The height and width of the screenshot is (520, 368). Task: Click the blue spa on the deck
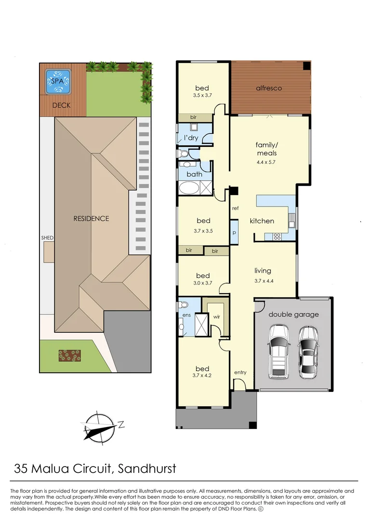point(58,81)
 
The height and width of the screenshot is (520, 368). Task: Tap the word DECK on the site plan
point(61,105)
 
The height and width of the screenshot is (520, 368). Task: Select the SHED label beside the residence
point(47,238)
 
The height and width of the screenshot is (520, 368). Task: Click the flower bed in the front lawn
point(70,355)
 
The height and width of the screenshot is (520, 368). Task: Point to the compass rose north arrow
point(100,428)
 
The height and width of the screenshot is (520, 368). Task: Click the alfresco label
point(269,88)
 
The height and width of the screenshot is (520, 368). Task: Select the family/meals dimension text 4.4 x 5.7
point(266,162)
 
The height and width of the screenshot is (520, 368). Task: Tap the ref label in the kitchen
point(235,208)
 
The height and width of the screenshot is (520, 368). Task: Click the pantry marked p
point(234,232)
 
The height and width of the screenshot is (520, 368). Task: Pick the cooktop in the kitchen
point(277,236)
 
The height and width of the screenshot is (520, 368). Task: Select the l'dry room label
point(191,138)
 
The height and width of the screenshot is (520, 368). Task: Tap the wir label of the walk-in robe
point(217,317)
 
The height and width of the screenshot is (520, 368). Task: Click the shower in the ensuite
point(201,325)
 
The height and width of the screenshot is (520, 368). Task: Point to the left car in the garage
point(279,351)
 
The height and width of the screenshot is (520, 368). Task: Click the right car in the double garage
point(308,352)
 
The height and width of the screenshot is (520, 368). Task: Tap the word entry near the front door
point(240,372)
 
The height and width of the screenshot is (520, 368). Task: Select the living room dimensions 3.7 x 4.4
point(264,281)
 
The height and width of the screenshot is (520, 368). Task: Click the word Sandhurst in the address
point(147,468)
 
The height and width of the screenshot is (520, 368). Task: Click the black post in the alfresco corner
point(307,65)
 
